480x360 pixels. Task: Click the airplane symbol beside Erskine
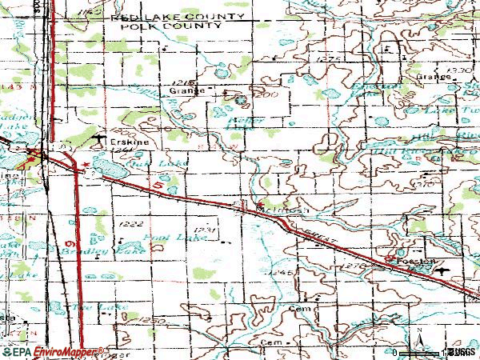(x=98, y=141)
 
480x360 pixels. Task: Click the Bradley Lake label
(x=106, y=251)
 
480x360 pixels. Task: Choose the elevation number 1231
(x=206, y=230)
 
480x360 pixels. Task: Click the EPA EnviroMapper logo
(x=54, y=351)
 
